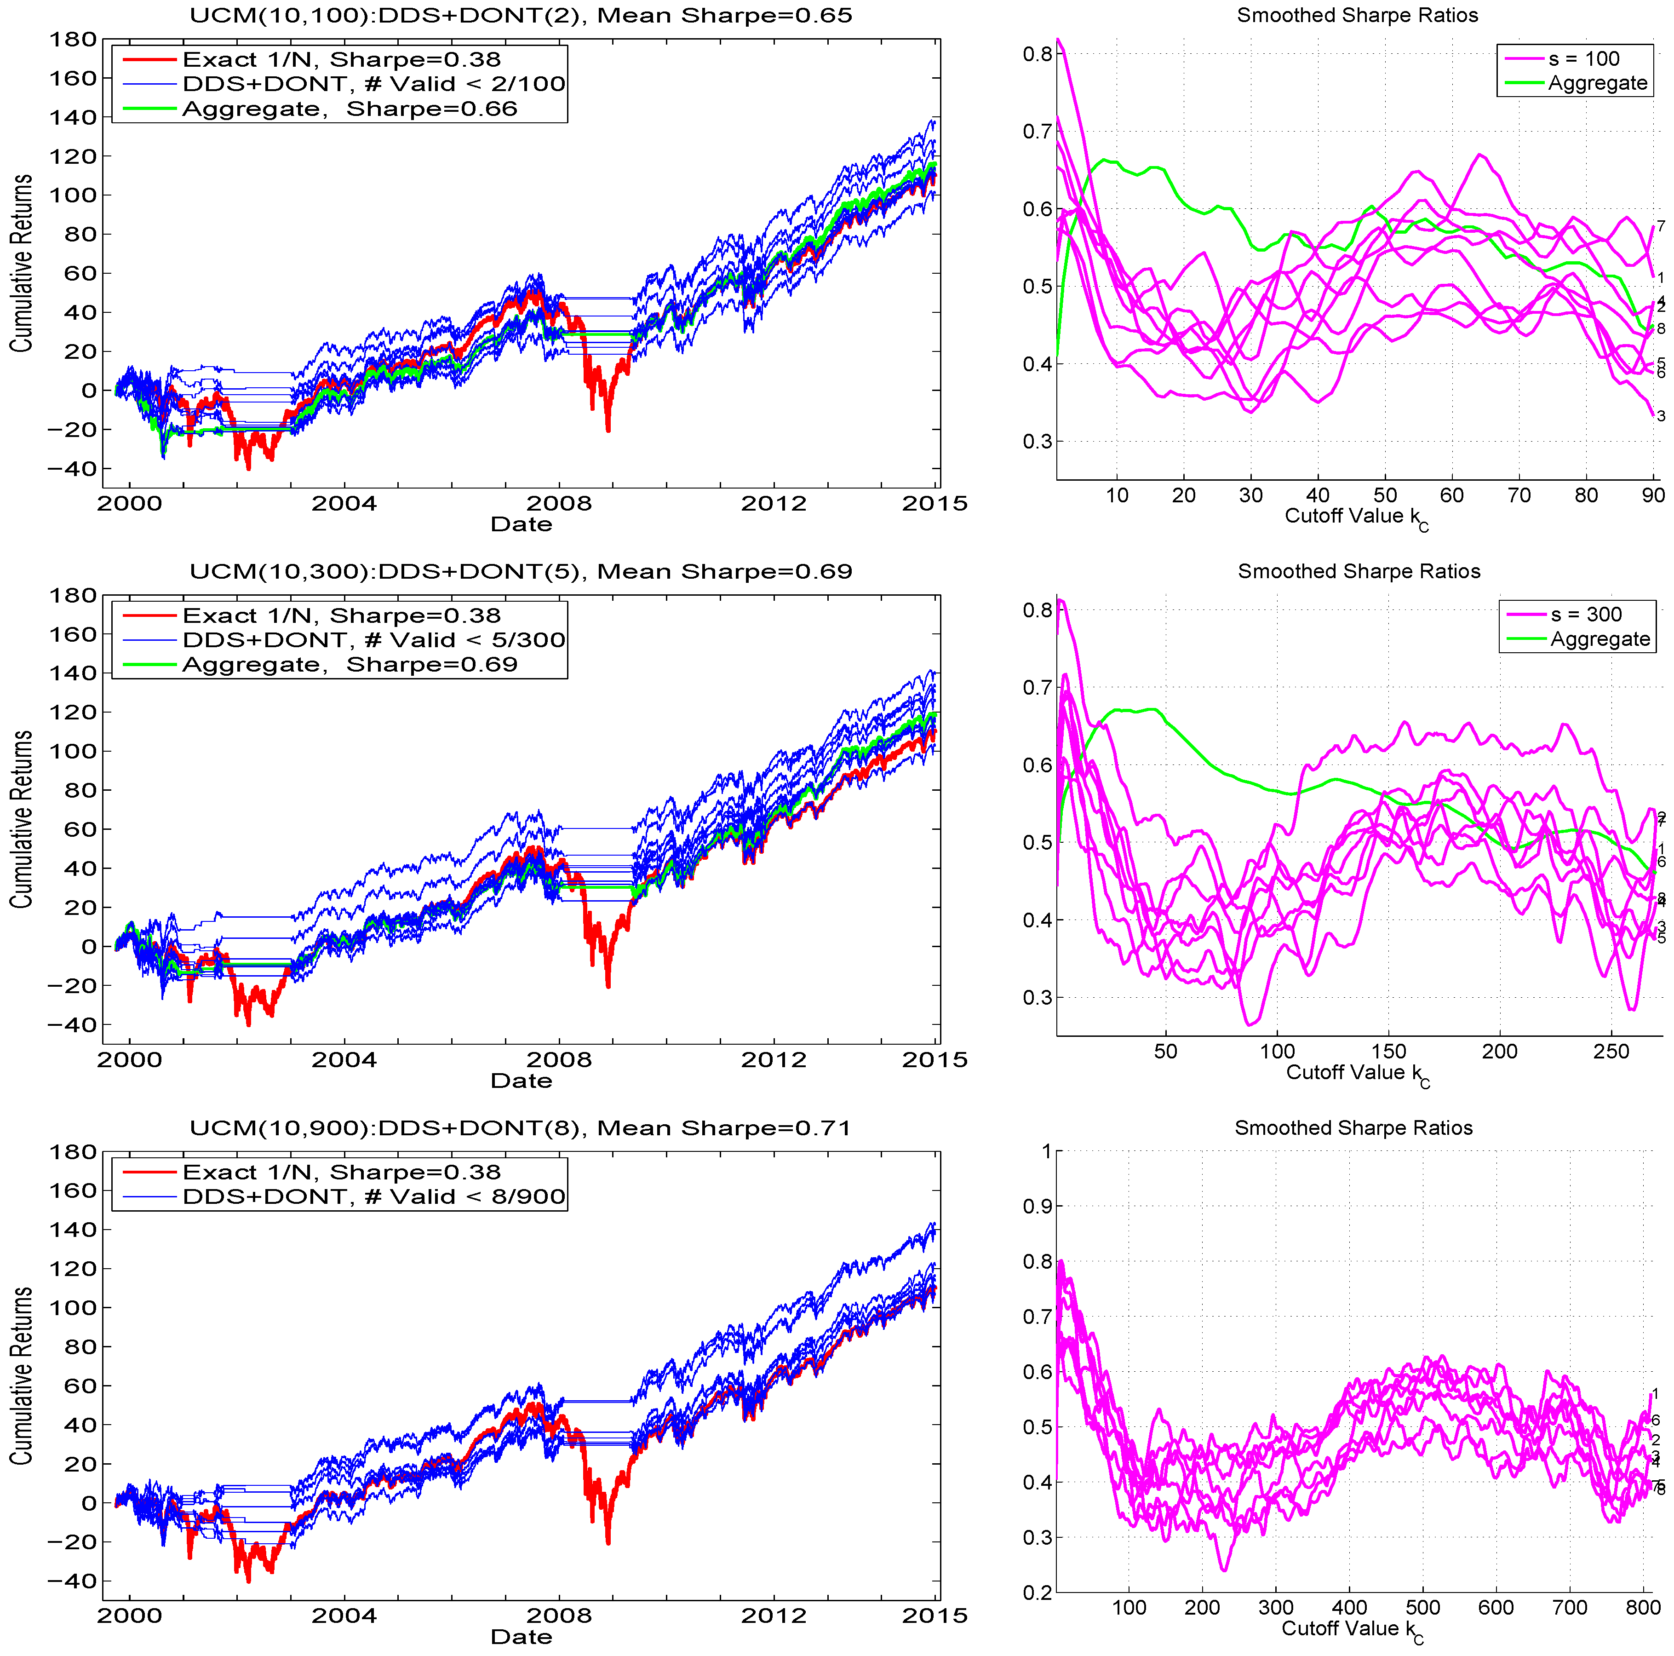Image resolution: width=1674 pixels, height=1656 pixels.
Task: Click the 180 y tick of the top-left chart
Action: click(73, 39)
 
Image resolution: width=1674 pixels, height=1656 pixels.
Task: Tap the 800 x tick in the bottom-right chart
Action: click(1643, 1608)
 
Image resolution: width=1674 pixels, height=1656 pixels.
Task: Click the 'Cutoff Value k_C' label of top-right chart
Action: click(1356, 517)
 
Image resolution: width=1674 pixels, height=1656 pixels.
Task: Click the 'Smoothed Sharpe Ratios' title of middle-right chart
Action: click(1359, 571)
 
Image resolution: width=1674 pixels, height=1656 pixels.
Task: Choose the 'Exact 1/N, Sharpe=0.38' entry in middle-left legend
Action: click(341, 616)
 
